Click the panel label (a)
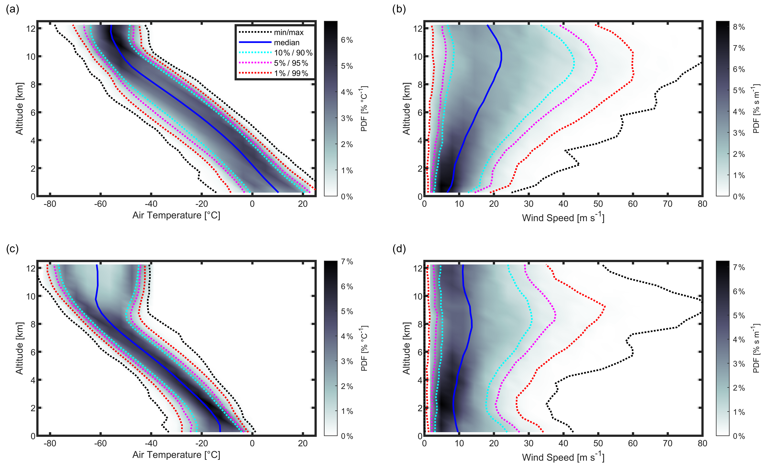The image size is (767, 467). pos(12,9)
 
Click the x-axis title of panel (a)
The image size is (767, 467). pos(176,215)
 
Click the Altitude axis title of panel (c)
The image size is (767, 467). pos(19,348)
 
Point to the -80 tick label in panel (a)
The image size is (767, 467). pos(50,204)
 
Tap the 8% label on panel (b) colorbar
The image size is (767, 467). pos(739,27)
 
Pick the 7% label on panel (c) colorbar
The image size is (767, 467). pos(347,262)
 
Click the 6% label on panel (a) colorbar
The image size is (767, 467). pos(347,40)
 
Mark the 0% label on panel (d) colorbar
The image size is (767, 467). pos(739,436)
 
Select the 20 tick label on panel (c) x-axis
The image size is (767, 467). pos(303,444)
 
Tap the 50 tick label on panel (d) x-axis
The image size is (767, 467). pos(598,444)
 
